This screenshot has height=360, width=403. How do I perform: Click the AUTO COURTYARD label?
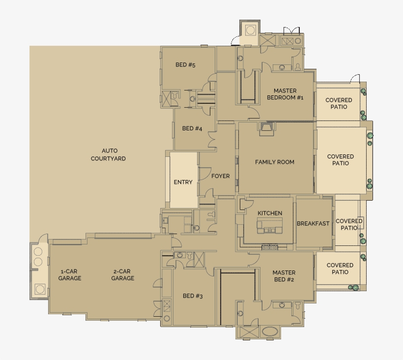pyautogui.click(x=108, y=154)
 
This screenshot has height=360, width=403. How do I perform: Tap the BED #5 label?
pyautogui.click(x=185, y=65)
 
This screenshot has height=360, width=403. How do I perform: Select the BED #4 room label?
pyautogui.click(x=192, y=128)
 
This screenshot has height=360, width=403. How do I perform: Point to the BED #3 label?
pyautogui.click(x=193, y=296)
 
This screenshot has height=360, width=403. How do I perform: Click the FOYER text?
pyautogui.click(x=221, y=176)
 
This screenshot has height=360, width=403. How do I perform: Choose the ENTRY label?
pyautogui.click(x=183, y=182)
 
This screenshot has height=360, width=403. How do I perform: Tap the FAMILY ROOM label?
pyautogui.click(x=275, y=162)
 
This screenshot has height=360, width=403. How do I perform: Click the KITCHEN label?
pyautogui.click(x=270, y=213)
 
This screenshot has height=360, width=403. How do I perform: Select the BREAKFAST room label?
pyautogui.click(x=313, y=223)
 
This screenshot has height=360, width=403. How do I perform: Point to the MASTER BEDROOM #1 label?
pyautogui.click(x=285, y=94)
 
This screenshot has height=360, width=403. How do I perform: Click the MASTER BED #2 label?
pyautogui.click(x=284, y=276)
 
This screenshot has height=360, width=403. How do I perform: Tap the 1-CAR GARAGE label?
pyautogui.click(x=70, y=274)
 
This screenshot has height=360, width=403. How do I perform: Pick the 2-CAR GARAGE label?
pyautogui.click(x=122, y=274)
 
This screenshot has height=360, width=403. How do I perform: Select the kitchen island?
pyautogui.click(x=270, y=226)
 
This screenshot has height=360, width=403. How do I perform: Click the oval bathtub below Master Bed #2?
pyautogui.click(x=270, y=331)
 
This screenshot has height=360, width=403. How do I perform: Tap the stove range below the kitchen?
pyautogui.click(x=270, y=247)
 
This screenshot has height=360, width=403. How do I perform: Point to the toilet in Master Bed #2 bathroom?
pyautogui.click(x=298, y=305)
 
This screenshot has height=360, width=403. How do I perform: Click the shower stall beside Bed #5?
pyautogui.click(x=166, y=98)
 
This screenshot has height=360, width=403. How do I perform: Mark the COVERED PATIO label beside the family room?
pyautogui.click(x=341, y=160)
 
